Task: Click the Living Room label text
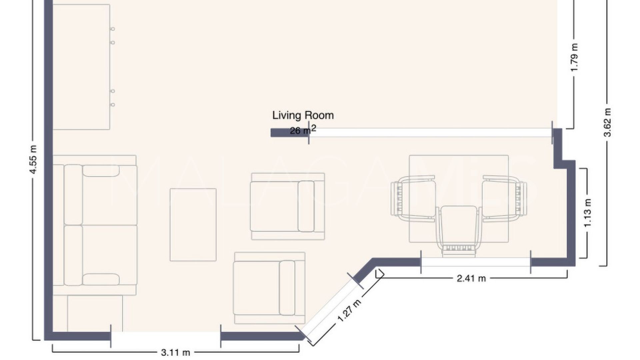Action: (x=303, y=115)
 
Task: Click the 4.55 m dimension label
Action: (x=33, y=160)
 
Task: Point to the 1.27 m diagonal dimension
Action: (x=349, y=311)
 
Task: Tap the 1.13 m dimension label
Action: (x=588, y=213)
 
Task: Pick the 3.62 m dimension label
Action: (x=607, y=123)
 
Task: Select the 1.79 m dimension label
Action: (x=574, y=57)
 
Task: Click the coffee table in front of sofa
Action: (x=193, y=225)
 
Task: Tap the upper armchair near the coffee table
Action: (x=287, y=206)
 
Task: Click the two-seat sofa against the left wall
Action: (x=95, y=225)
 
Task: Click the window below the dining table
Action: (x=476, y=262)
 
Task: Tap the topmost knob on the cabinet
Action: (x=113, y=29)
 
